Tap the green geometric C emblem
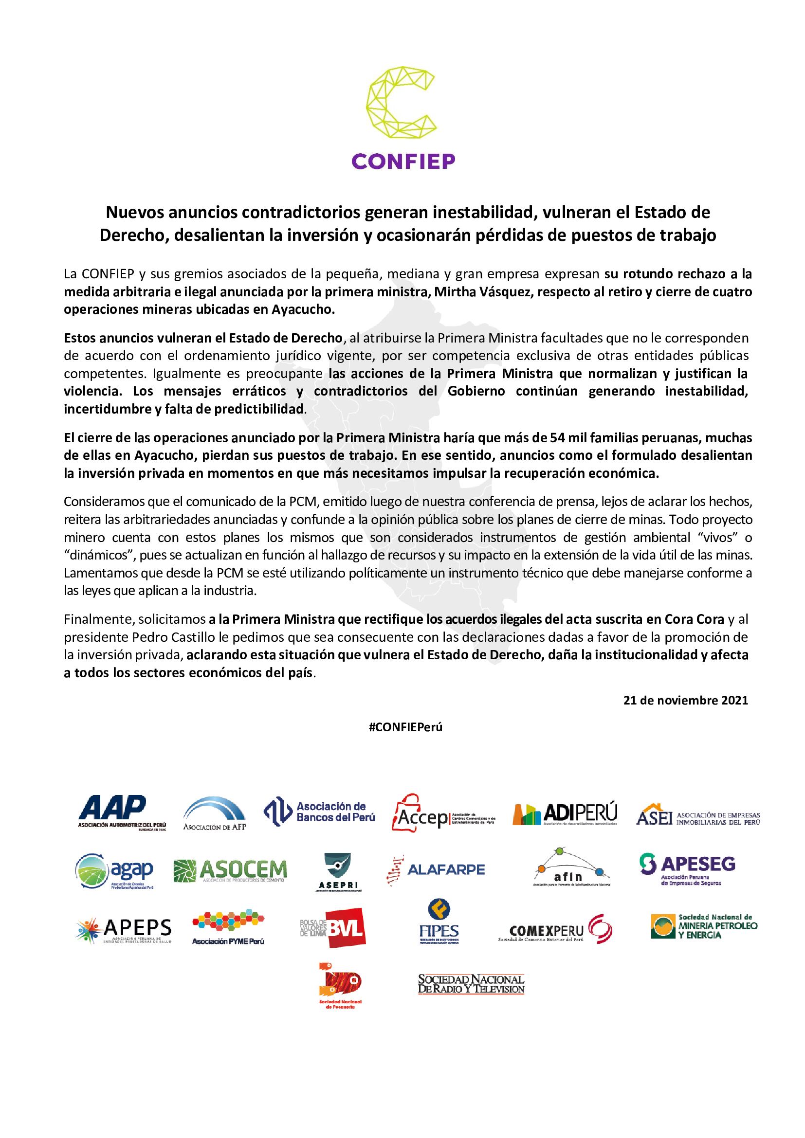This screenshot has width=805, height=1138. click(x=402, y=105)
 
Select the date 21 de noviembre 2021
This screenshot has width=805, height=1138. click(x=686, y=700)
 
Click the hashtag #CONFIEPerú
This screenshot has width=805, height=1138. click(x=405, y=727)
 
